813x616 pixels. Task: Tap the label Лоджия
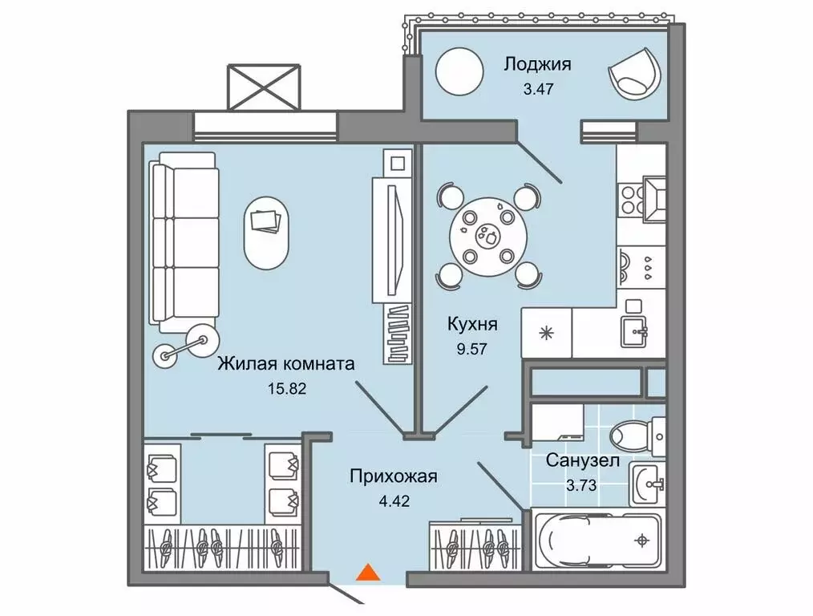538,64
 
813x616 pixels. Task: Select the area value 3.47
538,89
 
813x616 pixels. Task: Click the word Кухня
472,325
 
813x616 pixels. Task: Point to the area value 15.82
287,388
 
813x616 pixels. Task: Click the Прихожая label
394,476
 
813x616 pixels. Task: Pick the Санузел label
583,460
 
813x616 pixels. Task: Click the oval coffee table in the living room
266,233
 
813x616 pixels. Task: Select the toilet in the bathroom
637,436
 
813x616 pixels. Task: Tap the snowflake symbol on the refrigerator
547,333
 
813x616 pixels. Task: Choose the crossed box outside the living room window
265,87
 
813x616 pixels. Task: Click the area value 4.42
394,500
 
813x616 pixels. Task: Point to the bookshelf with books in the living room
398,334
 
